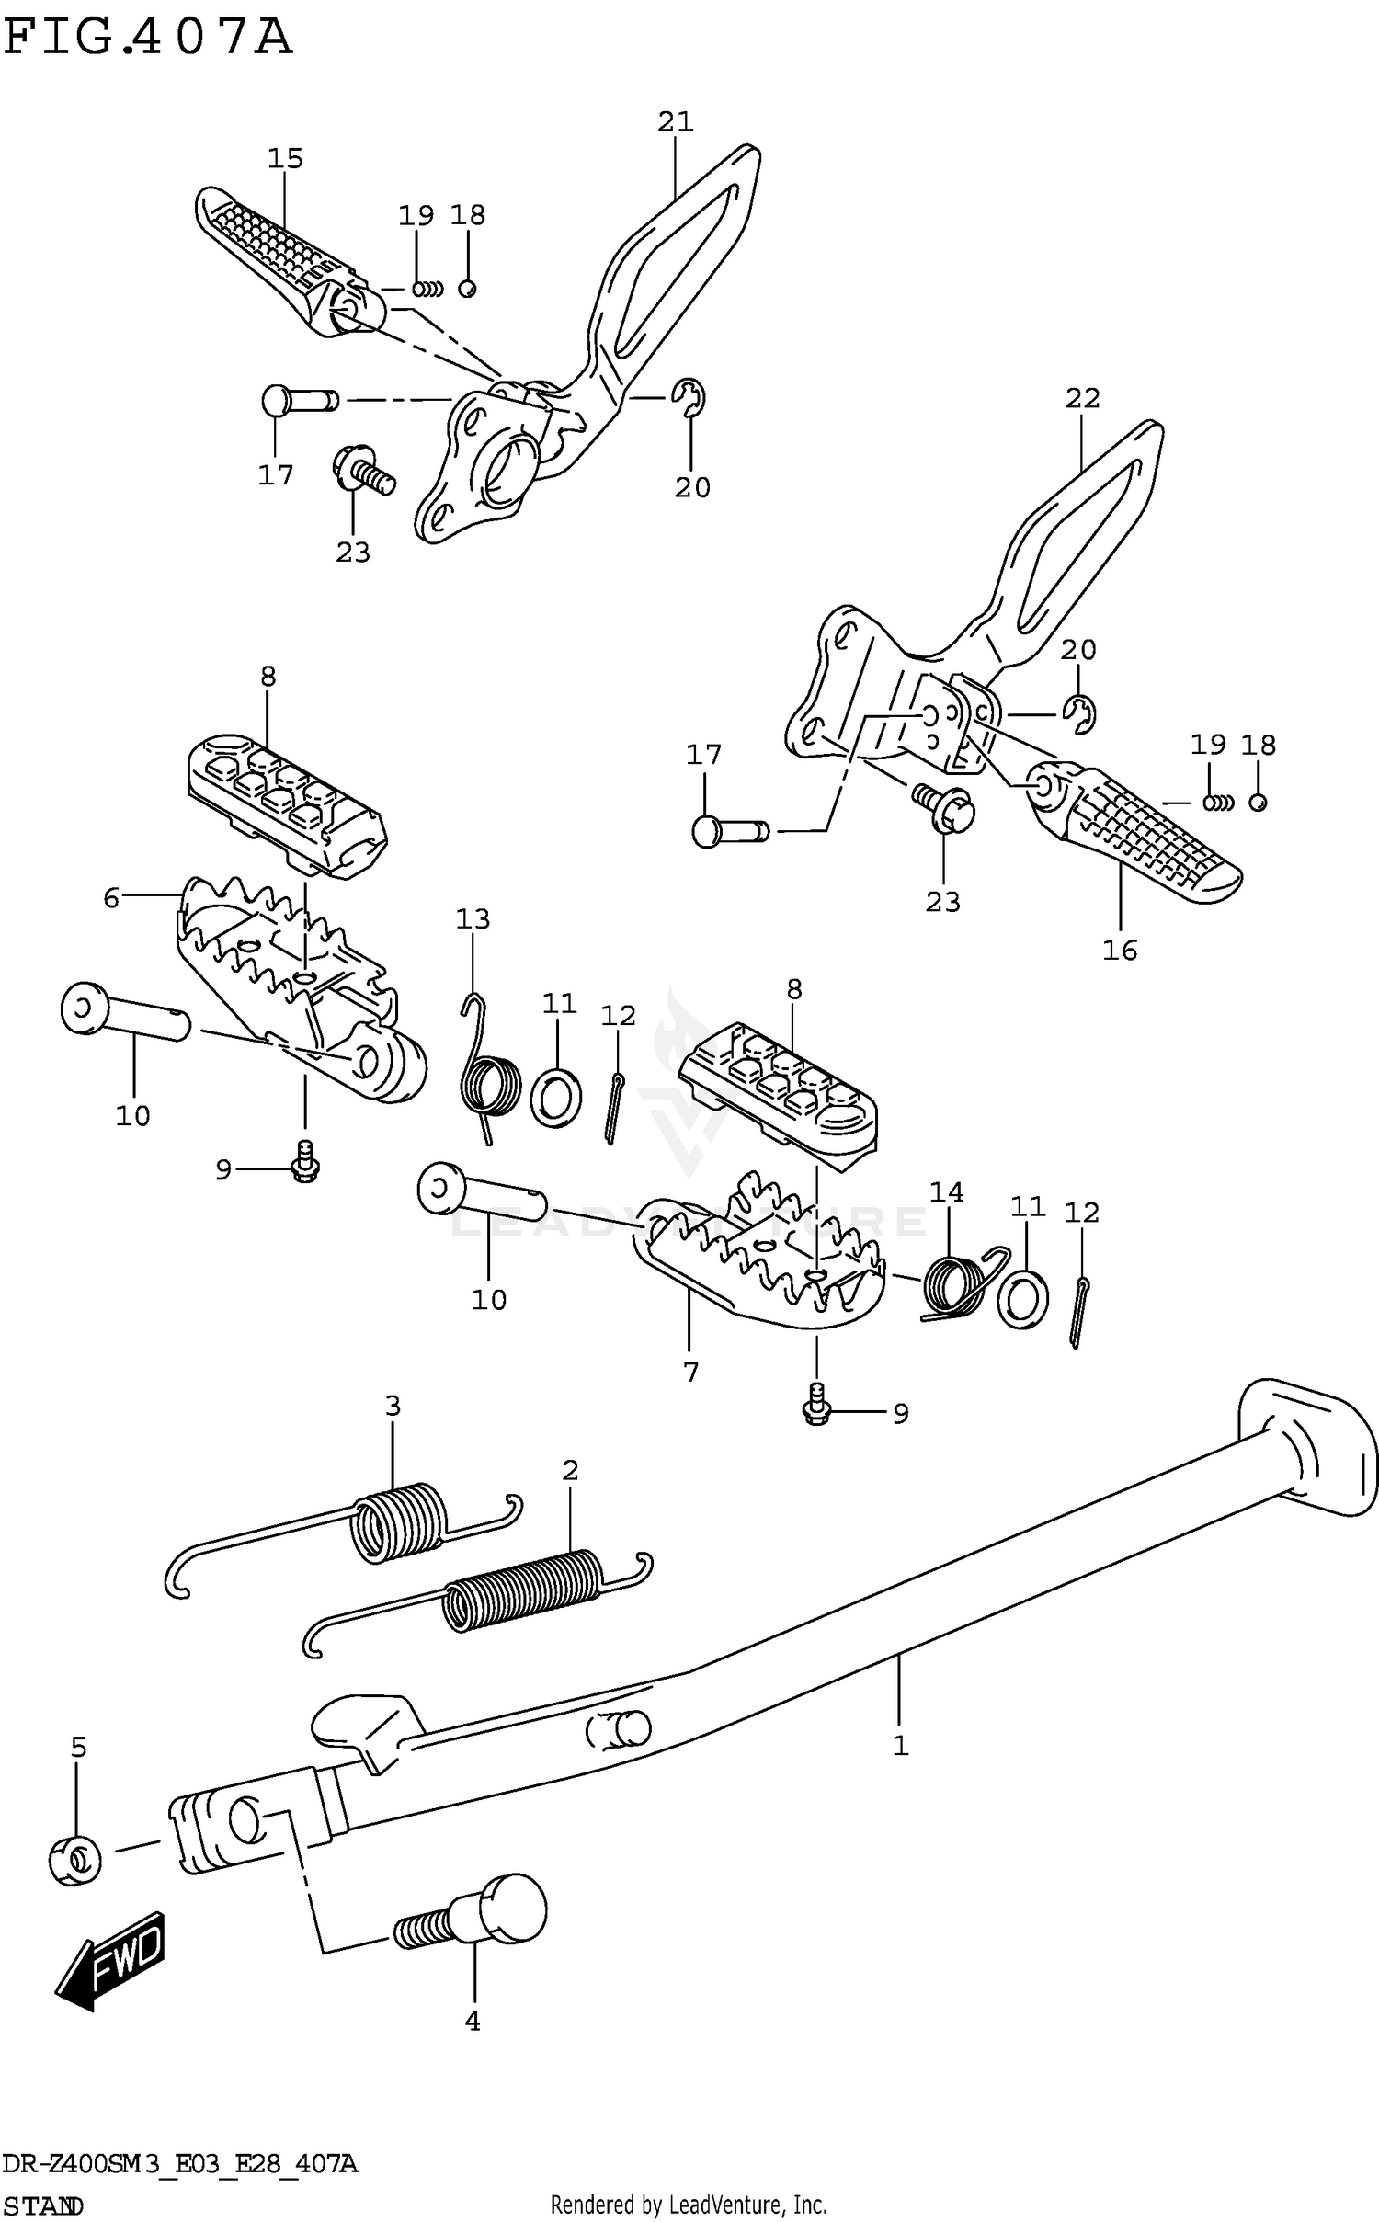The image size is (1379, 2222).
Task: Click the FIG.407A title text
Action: click(x=147, y=39)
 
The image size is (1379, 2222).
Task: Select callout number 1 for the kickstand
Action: click(x=900, y=1745)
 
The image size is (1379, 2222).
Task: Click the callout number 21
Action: click(x=675, y=121)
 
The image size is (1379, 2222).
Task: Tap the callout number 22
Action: click(x=1082, y=398)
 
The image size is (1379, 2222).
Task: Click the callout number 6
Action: click(x=111, y=897)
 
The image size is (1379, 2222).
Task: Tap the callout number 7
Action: click(x=691, y=1372)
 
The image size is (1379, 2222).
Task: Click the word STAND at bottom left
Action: click(x=43, y=2205)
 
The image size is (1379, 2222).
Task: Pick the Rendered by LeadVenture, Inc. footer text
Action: click(x=689, y=2204)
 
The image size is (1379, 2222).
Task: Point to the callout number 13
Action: click(x=473, y=918)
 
